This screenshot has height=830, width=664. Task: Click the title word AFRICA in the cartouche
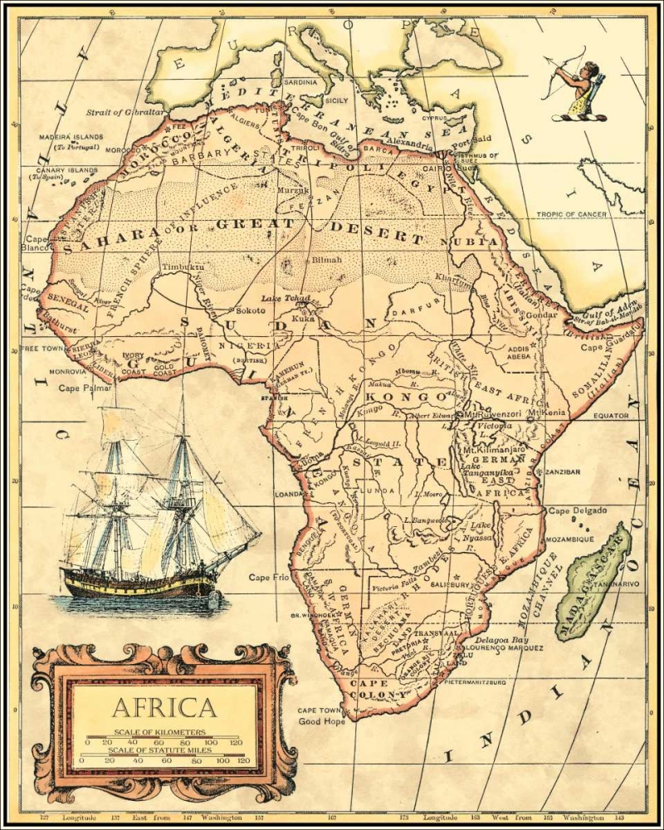164,707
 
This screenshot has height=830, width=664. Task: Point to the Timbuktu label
182,268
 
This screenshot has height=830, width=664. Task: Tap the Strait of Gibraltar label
125,110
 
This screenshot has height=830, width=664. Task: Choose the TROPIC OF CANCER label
570,214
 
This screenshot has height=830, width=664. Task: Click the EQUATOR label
613,415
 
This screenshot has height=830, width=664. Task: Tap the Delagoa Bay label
507,640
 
